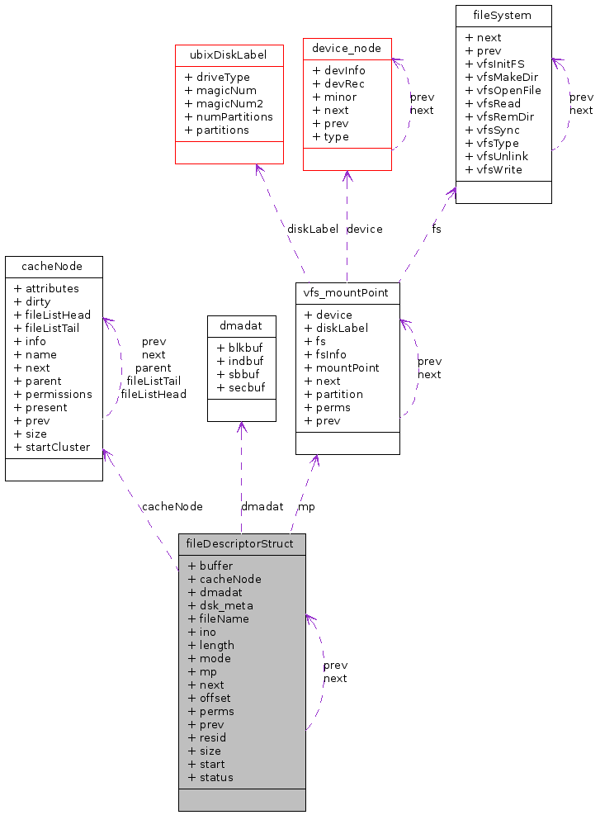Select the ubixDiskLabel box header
pyautogui.click(x=229, y=55)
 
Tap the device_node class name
pyautogui.click(x=347, y=49)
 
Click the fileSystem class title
pyautogui.click(x=503, y=16)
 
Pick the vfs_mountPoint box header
pyautogui.click(x=347, y=293)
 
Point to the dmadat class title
pyautogui.click(x=241, y=326)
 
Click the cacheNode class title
pyautogui.click(x=54, y=267)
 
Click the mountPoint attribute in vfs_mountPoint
pyautogui.click(x=347, y=367)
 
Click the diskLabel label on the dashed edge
pyautogui.click(x=313, y=229)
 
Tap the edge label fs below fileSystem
pyautogui.click(x=437, y=229)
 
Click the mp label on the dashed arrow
pyautogui.click(x=306, y=506)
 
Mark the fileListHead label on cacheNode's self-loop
pyautogui.click(x=154, y=394)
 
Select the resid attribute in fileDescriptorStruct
pyautogui.click(x=212, y=737)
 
